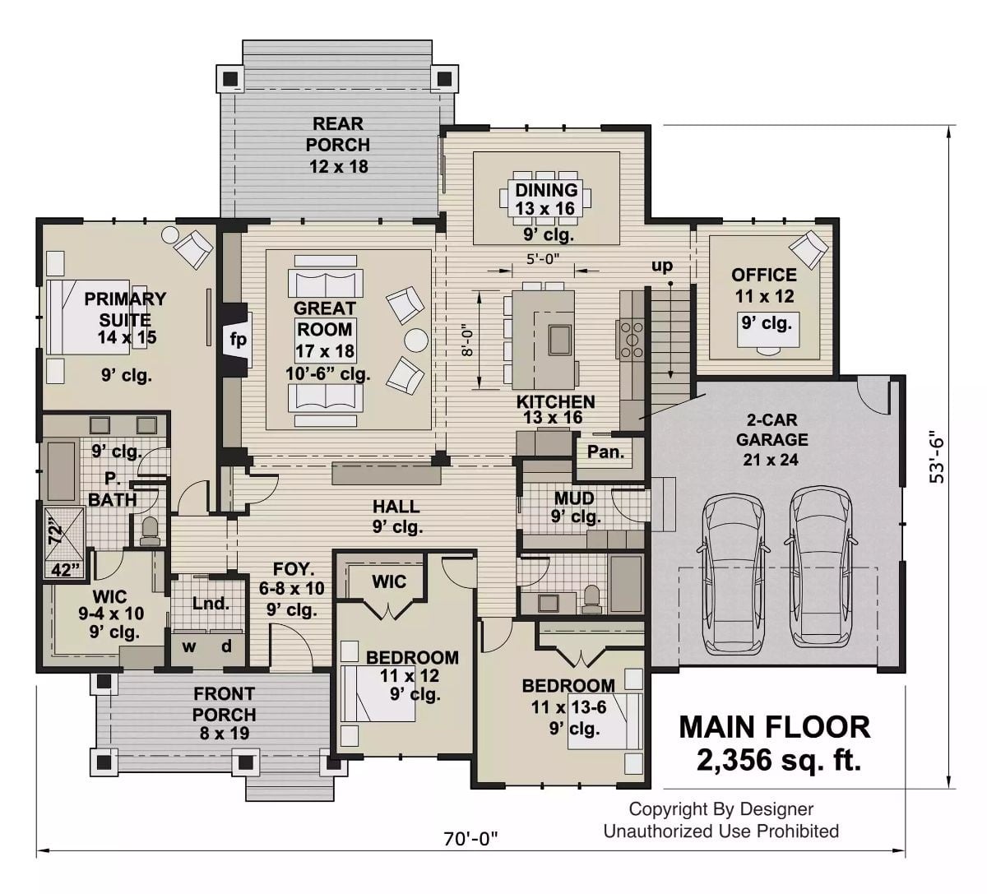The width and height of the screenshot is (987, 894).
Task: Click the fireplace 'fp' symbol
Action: tap(237, 340)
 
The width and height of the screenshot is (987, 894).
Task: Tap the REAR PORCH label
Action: tap(338, 134)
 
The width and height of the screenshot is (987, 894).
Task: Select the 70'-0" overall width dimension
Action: tap(471, 839)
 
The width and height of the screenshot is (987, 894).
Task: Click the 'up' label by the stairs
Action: tap(662, 266)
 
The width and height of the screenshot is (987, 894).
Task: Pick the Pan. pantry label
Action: tap(605, 452)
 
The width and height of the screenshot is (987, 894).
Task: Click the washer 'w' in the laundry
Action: tap(189, 646)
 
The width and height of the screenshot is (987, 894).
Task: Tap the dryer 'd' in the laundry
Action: tap(225, 646)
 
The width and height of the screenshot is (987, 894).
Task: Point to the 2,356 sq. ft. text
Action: tap(778, 761)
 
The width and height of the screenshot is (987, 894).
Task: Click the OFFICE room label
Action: tap(764, 275)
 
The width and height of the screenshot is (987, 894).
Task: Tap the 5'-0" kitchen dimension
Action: tap(543, 257)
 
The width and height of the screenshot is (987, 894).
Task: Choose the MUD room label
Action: tap(574, 498)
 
